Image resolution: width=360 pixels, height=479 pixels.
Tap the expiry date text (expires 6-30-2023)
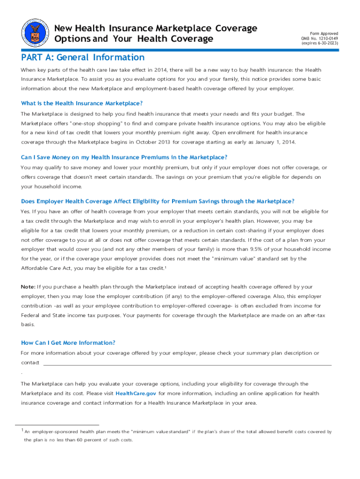pos(321,43)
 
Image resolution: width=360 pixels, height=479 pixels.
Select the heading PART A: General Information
pos(83,58)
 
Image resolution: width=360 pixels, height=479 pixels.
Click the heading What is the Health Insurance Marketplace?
pos(82,103)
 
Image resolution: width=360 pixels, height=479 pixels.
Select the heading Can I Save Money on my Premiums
pos(124,157)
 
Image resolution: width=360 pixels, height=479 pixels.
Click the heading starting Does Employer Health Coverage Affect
pos(158,201)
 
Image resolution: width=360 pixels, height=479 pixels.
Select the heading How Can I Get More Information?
pos(68,343)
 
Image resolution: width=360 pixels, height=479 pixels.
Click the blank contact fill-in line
pos(187,363)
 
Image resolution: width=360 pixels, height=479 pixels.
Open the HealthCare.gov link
pos(136,393)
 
